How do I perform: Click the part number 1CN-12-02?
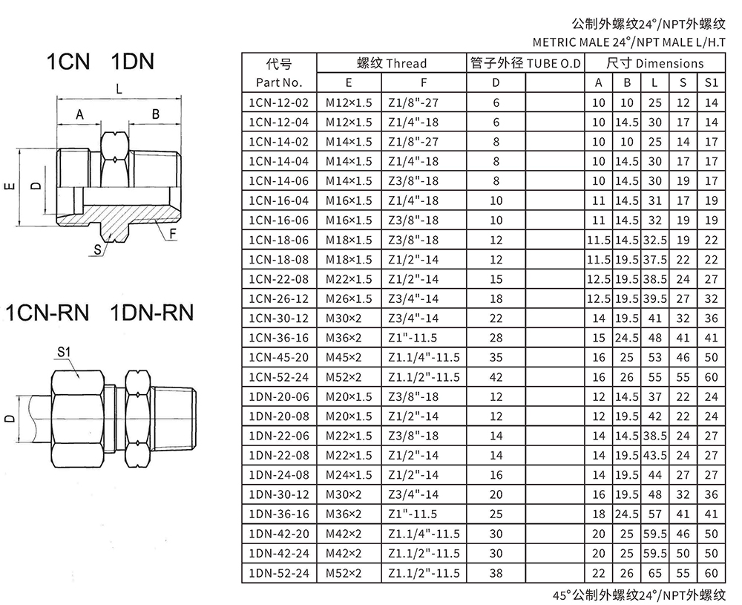pos(279,102)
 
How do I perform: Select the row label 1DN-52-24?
pos(279,573)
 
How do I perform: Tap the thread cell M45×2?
pos(343,358)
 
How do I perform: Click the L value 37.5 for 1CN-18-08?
pos(655,260)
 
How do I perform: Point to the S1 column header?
pos(712,83)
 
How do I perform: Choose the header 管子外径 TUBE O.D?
pos(525,63)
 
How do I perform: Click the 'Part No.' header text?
pos(279,83)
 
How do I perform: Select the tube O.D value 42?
pos(496,377)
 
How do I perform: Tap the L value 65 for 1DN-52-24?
pos(655,573)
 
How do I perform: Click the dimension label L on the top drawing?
pos(119,88)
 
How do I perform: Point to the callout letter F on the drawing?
pos(173,233)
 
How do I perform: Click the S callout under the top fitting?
pos(97,250)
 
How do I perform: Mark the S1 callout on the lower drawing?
pos(64,352)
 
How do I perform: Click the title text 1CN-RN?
pos(47,313)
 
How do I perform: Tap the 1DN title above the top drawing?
pos(133,62)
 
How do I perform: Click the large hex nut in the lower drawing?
pos(78,419)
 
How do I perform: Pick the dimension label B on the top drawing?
pos(155,114)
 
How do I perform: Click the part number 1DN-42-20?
pos(279,534)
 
